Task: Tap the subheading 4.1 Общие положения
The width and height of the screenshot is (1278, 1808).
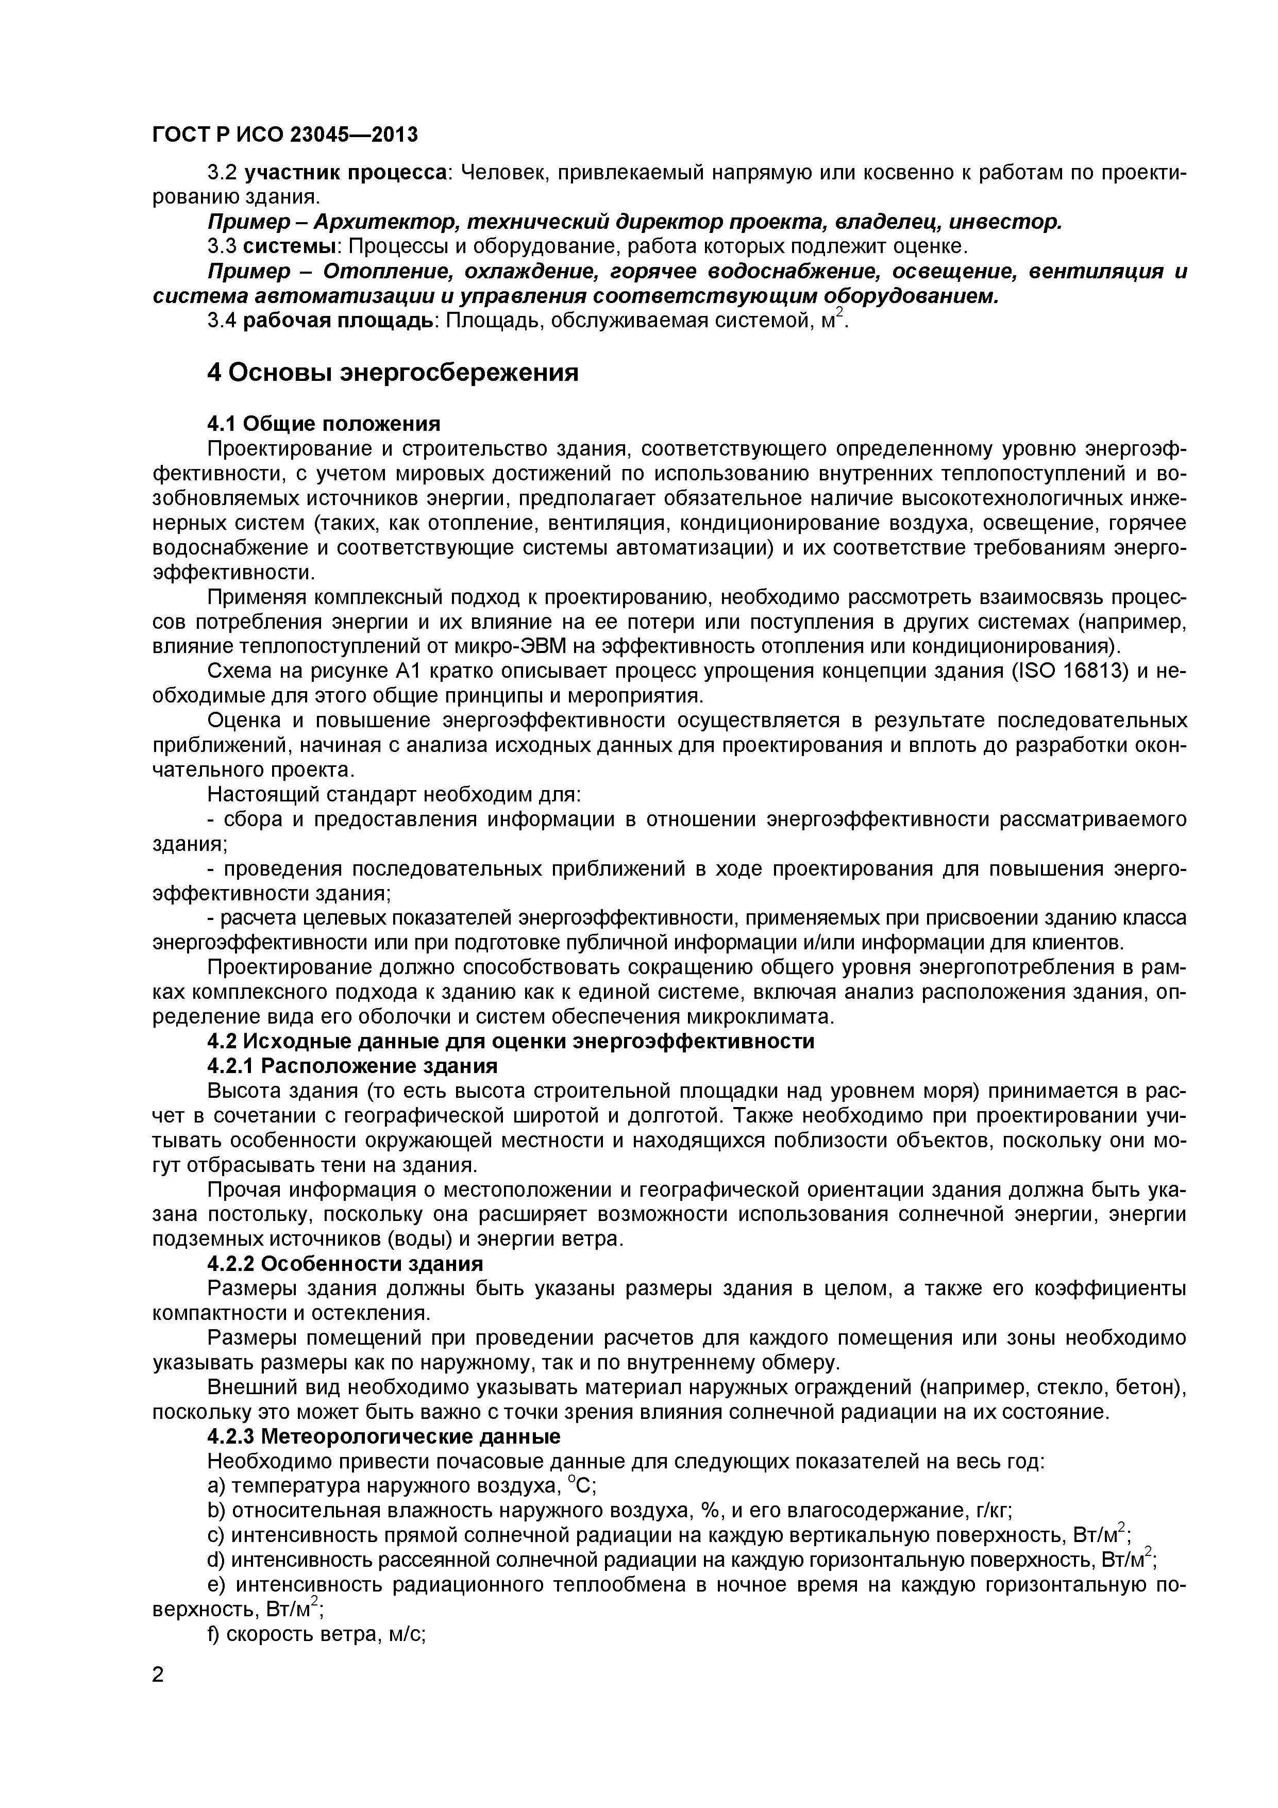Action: click(x=323, y=424)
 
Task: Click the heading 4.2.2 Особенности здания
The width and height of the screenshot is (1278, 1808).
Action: click(x=345, y=1264)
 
